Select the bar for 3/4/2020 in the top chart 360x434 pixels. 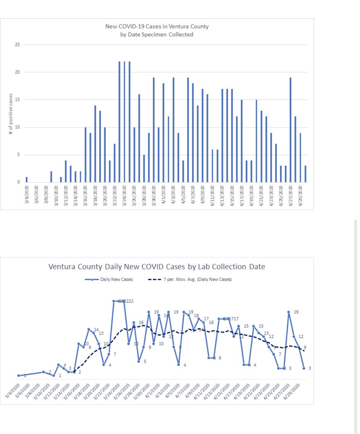[27, 180]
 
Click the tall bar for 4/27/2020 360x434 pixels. [291, 130]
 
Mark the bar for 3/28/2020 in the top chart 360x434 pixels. [144, 169]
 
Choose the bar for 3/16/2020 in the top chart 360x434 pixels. [85, 155]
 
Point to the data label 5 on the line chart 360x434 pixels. [145, 361]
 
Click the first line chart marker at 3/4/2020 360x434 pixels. [18, 375]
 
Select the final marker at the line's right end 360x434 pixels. [304, 368]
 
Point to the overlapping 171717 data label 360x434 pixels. [230, 319]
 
